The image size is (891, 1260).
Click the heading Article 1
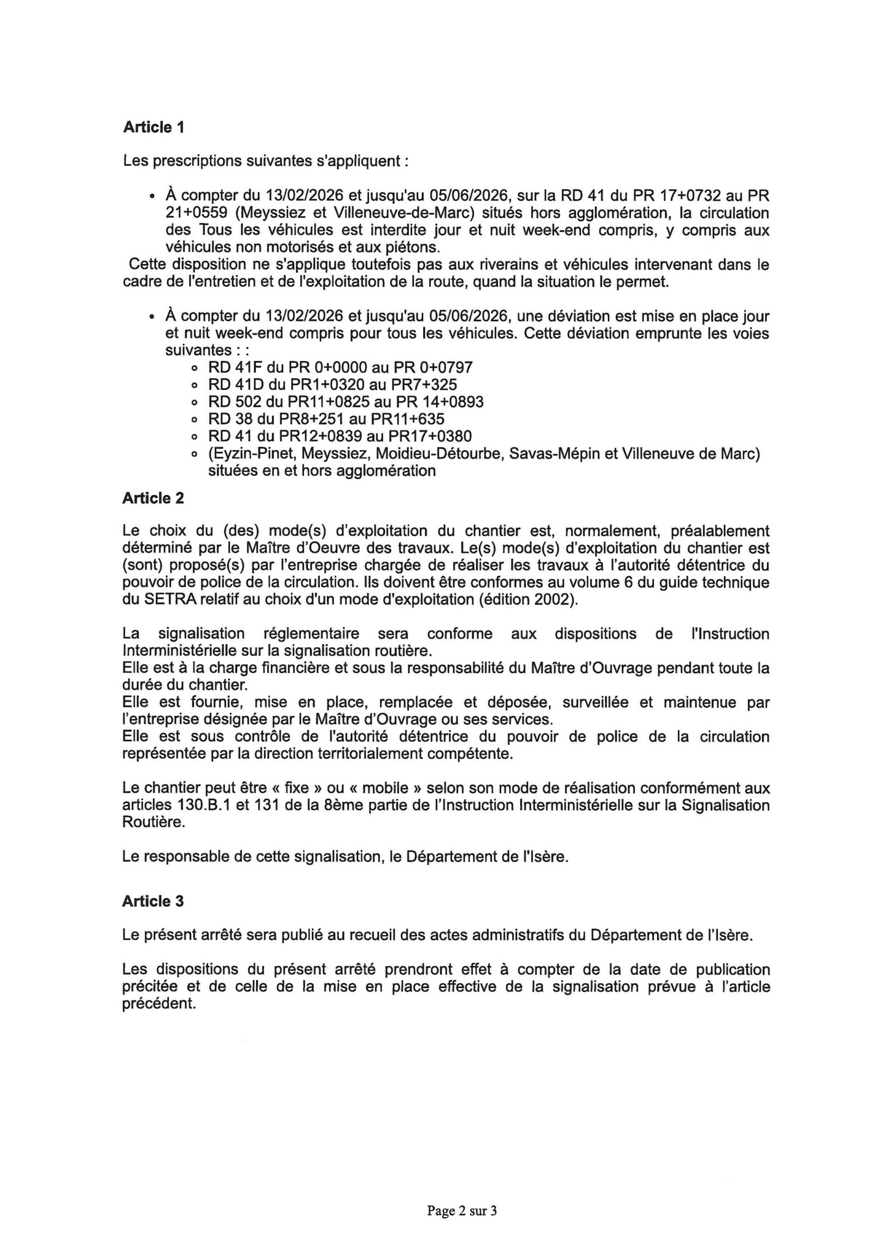pos(153,128)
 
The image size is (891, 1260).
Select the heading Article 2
pos(153,498)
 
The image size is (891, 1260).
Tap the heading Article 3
pos(153,901)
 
